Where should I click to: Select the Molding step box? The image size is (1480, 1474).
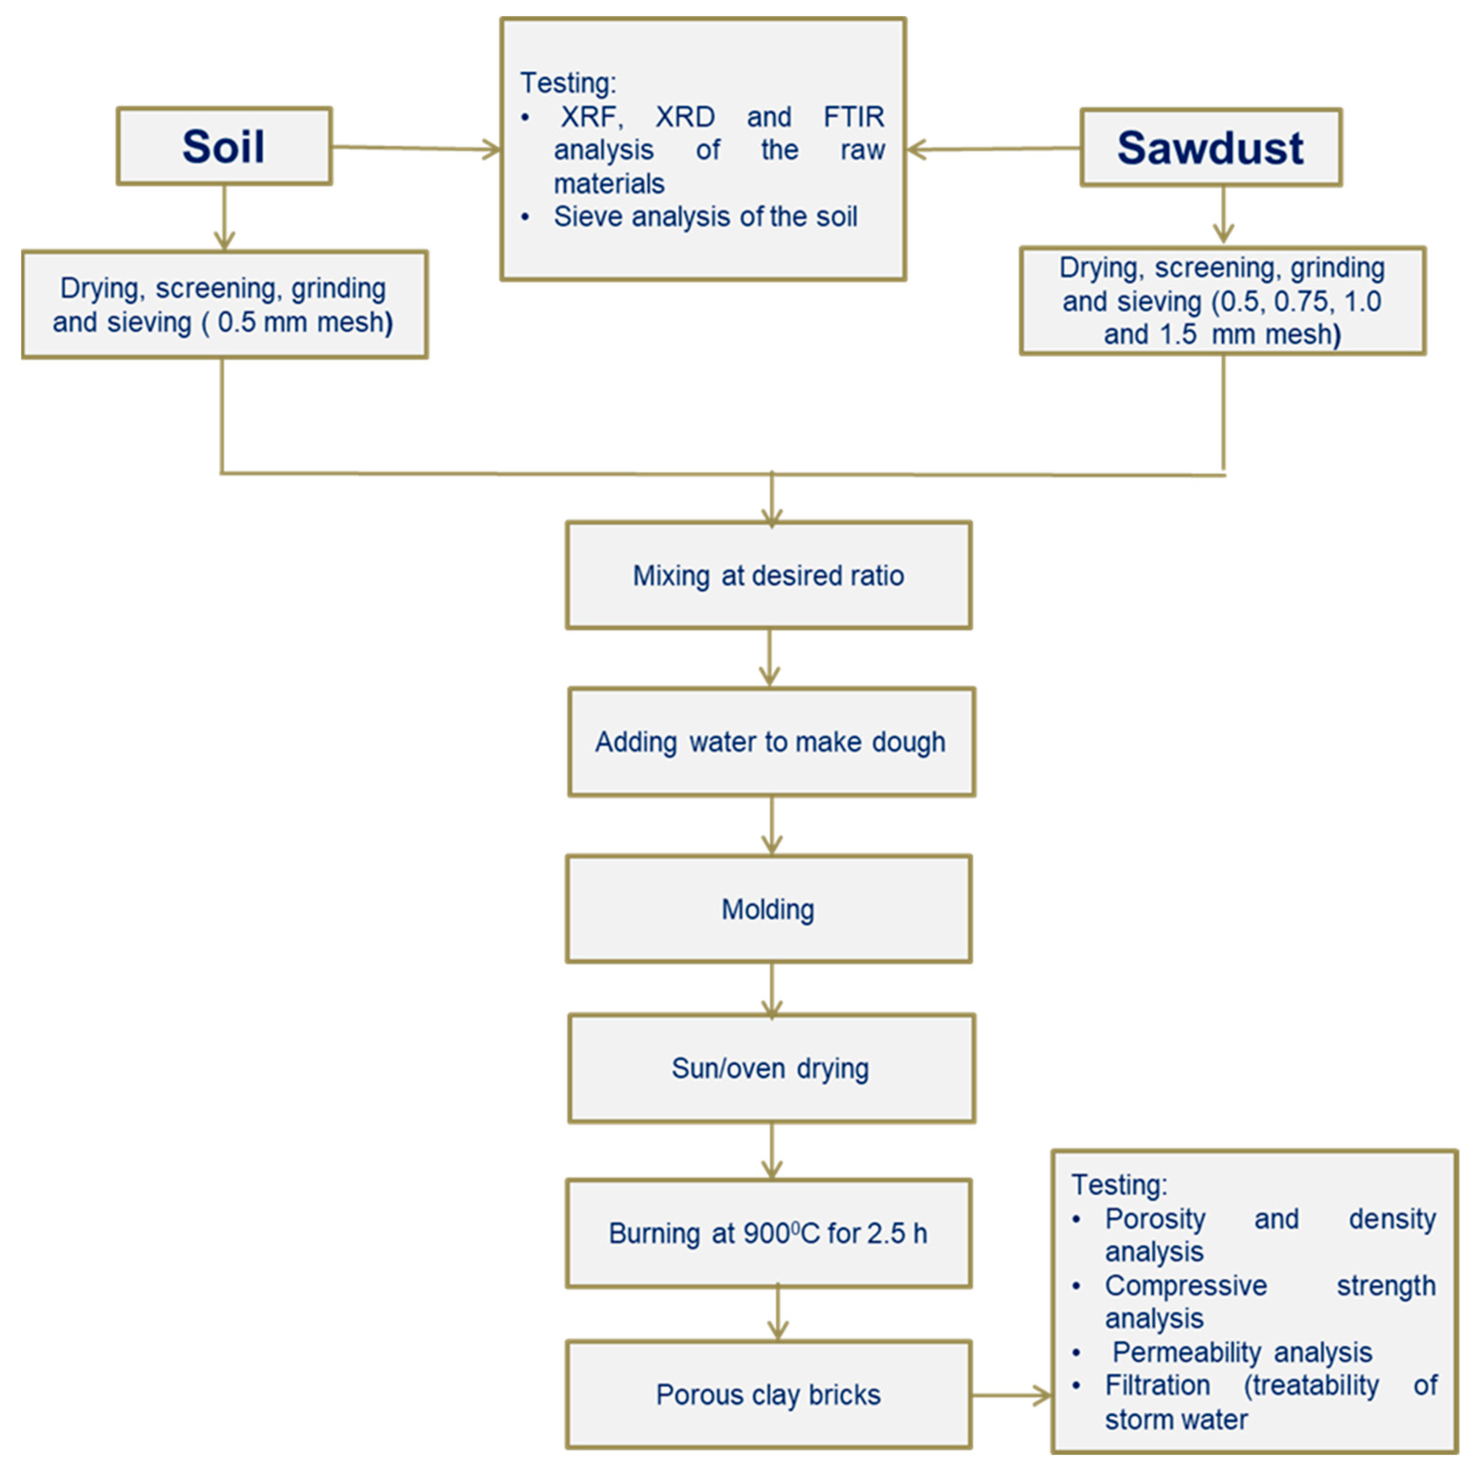coord(768,909)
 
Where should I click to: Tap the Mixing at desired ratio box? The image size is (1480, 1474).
coord(768,575)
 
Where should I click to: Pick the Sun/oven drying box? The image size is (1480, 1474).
coord(771,1068)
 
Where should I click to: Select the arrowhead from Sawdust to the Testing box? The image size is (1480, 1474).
coord(916,149)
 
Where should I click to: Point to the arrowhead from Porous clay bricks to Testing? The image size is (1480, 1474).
coord(1042,1395)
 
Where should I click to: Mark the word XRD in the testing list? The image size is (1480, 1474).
coord(685,117)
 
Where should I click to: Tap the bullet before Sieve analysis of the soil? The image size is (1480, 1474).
coord(525,218)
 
